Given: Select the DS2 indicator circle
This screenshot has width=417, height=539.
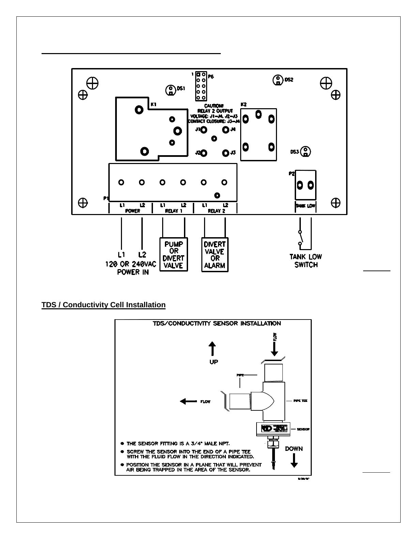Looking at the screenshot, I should pos(278,80).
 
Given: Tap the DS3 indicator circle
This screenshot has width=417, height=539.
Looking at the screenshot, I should pos(306,152).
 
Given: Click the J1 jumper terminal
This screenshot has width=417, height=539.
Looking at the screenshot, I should pos(204,130).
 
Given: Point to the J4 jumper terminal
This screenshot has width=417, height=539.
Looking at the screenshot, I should pos(226,130).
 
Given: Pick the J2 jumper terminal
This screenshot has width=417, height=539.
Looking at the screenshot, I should pos(204,153).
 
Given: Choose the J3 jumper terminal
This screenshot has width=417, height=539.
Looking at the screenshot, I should pos(226,153).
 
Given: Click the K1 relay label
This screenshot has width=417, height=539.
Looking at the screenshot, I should pos(154,104).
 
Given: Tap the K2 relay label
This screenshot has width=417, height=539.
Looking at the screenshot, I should pos(244,104).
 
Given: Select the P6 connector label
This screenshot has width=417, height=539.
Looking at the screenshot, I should pos(211,77).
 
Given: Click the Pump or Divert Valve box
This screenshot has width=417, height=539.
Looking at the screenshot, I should pos(174,255).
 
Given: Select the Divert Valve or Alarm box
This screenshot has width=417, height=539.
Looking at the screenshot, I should pos(215,255).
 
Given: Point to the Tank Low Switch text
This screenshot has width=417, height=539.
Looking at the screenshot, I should pos(306,261).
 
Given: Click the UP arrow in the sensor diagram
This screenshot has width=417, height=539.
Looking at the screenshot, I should pos(212,349).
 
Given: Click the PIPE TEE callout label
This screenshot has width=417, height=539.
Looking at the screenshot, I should pos(300,401).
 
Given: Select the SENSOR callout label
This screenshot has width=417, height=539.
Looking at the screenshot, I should pos(303,429).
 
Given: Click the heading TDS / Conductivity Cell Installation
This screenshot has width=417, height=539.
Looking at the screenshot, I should pos(104,305).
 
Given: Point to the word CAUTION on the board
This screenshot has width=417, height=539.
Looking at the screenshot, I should pos(214,106).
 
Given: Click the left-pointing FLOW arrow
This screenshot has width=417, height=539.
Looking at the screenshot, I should pos(188,402).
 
